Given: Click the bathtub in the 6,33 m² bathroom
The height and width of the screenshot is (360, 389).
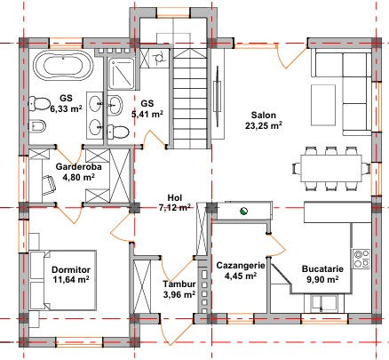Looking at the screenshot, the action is (x=63, y=65).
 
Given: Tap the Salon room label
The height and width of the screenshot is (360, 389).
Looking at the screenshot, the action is (x=264, y=115).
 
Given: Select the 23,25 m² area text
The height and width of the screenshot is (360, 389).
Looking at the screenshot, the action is (x=263, y=125).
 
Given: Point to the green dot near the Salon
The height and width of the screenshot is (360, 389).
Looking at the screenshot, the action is (x=243, y=212).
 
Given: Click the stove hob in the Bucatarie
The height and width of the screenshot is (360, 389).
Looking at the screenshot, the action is (x=361, y=259).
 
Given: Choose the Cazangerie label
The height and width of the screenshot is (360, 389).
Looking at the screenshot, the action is (x=241, y=266).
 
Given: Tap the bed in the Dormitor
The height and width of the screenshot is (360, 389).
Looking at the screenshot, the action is (x=63, y=281).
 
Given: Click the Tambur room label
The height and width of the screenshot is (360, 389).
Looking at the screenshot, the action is (x=179, y=284).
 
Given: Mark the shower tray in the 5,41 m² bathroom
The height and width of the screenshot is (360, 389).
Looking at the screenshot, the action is (x=122, y=74).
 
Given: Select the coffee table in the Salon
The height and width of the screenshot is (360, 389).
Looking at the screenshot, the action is (x=323, y=105).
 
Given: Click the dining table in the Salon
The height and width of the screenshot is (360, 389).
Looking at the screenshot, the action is (x=331, y=168).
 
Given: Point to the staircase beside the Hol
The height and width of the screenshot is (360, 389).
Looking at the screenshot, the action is (x=189, y=99).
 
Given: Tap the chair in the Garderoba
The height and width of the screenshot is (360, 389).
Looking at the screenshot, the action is (x=49, y=185).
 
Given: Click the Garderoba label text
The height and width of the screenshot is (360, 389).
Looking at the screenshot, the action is (x=79, y=167).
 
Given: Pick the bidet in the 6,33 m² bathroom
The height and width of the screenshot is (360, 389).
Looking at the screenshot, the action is (x=37, y=126).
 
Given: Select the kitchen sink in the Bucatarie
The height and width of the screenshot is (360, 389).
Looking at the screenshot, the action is (x=323, y=303).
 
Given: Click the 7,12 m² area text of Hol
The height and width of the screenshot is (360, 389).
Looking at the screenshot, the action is (x=174, y=208).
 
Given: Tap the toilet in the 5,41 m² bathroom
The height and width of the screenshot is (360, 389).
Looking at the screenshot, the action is (x=118, y=132).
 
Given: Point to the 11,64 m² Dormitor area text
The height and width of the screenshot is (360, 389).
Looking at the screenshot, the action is (x=71, y=279).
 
